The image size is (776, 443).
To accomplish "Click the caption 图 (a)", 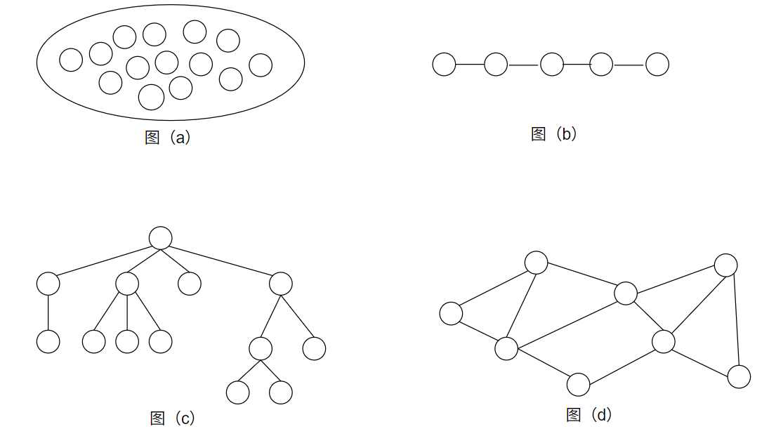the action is tap(167, 138).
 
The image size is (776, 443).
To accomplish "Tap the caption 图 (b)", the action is tap(553, 134).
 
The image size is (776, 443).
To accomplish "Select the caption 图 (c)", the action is tap(172, 418).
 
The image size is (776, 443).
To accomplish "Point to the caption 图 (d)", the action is tap(588, 415).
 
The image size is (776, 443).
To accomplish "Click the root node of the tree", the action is tap(161, 238).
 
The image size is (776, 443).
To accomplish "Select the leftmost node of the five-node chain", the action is tap(444, 65).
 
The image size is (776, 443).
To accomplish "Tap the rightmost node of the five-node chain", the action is tap(657, 65).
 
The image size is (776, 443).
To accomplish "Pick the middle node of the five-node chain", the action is tap(552, 65).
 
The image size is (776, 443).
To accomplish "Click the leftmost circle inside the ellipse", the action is tap(71, 60).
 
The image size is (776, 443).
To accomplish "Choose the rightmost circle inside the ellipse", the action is tap(261, 65).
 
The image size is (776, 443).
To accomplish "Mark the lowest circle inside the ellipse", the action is tap(151, 97).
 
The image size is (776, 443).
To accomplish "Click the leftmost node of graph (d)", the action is tap(451, 313).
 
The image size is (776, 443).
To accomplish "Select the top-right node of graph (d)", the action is tap(725, 265).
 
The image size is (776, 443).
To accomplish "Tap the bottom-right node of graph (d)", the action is tap(739, 376).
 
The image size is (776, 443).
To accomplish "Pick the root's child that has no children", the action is tap(190, 284).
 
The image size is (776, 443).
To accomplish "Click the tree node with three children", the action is tap(127, 284).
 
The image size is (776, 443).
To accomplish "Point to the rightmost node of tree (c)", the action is tap(314, 348).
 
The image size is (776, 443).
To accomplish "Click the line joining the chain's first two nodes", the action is tap(470, 65).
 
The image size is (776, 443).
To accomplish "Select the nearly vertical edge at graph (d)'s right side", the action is tap(735, 321).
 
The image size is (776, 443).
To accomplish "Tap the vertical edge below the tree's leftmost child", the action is tap(48, 312).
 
